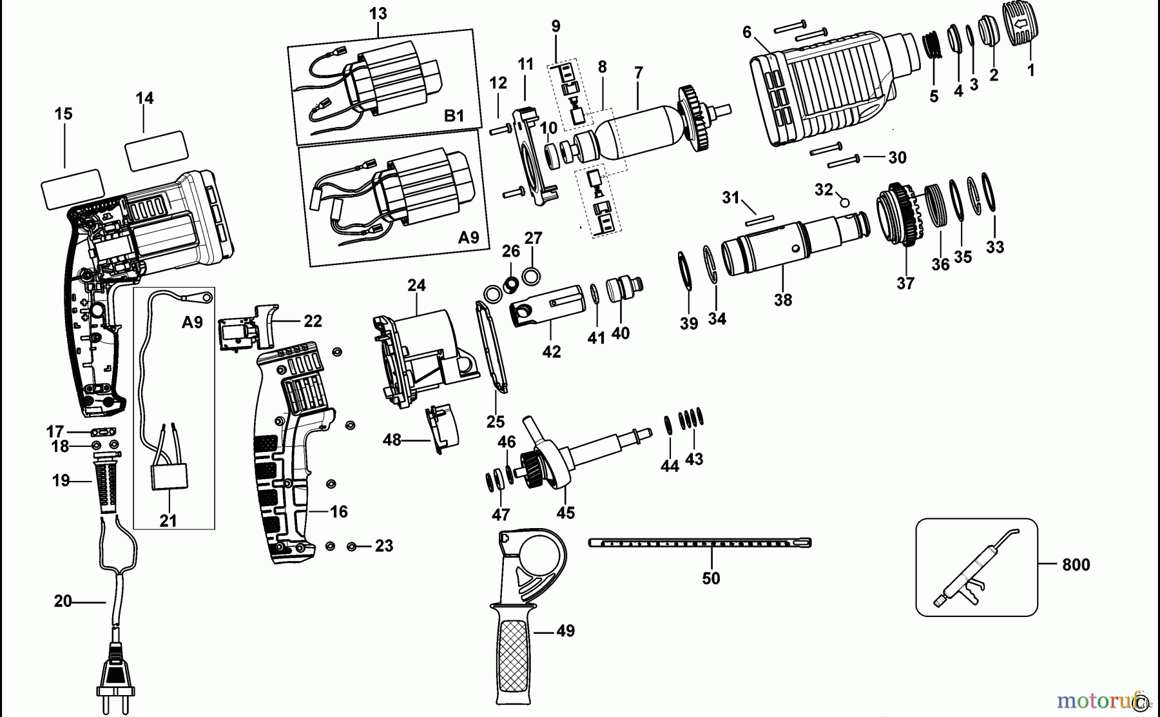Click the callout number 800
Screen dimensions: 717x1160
coord(1076,565)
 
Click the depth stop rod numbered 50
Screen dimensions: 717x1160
coord(699,544)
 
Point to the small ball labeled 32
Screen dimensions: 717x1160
coord(844,202)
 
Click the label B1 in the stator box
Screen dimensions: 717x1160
coord(454,116)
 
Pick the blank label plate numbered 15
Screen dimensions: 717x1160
coord(72,189)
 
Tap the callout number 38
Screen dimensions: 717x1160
coord(783,300)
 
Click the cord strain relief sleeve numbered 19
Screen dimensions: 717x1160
coord(107,480)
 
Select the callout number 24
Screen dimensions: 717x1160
coord(416,285)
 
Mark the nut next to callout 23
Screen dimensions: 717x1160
coord(352,547)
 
